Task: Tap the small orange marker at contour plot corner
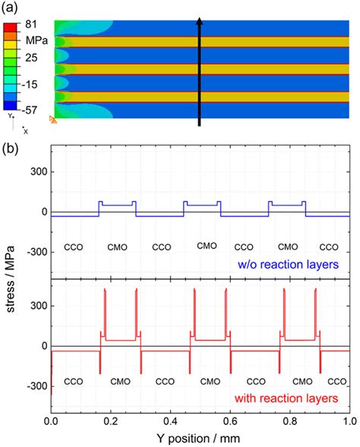[x=52, y=119]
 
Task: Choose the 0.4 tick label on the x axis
[x=170, y=420]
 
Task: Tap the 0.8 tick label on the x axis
[x=289, y=420]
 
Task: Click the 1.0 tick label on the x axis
[x=348, y=420]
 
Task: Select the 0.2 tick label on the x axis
[x=111, y=420]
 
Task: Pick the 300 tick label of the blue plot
[x=36, y=172]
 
